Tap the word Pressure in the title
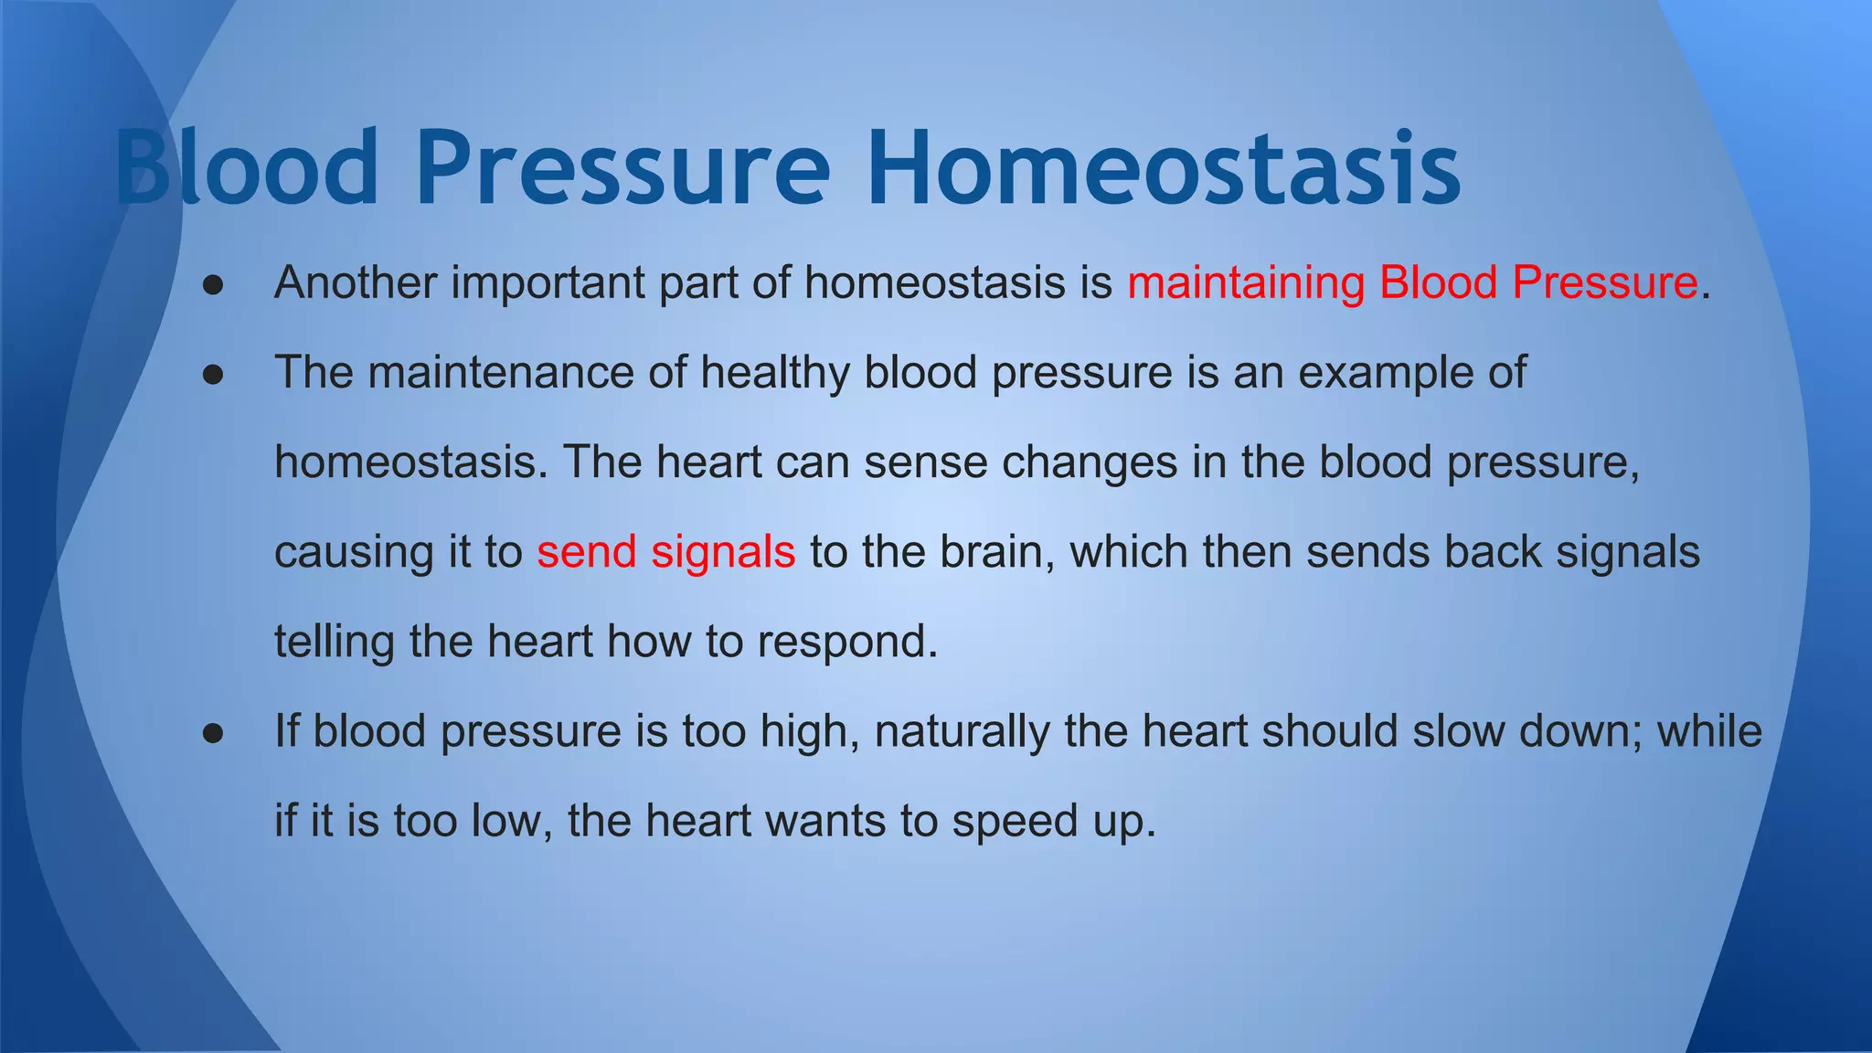tap(623, 169)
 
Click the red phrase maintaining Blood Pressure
tap(1412, 282)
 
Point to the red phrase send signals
tap(665, 552)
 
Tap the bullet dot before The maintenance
tap(214, 374)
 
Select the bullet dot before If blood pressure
tap(214, 732)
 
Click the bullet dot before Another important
tap(214, 284)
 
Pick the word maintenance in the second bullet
tap(501, 373)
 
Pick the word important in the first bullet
tap(548, 282)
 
